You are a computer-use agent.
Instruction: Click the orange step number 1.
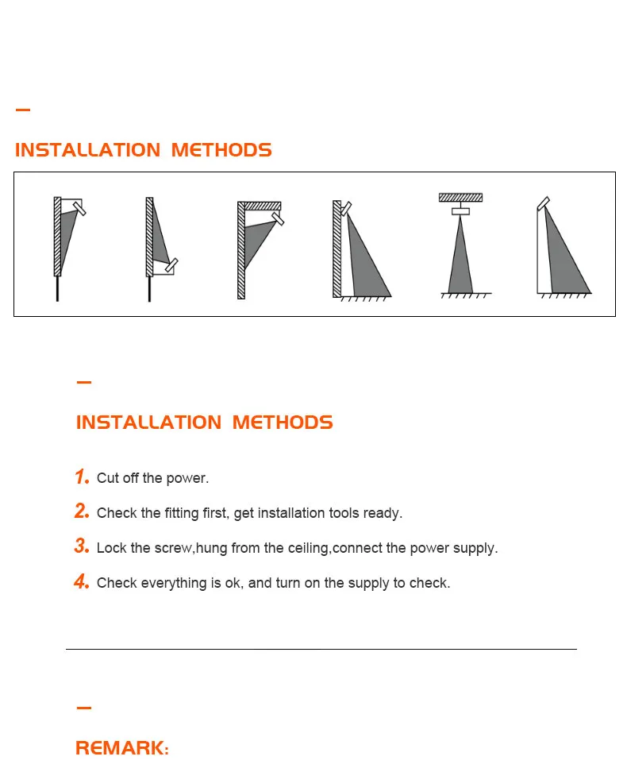pyautogui.click(x=82, y=477)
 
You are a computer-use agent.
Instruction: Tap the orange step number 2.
pyautogui.click(x=82, y=511)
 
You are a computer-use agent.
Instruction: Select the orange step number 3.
pyautogui.click(x=82, y=546)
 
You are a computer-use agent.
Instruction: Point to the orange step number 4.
pyautogui.click(x=82, y=581)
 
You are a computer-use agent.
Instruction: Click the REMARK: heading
pyautogui.click(x=122, y=748)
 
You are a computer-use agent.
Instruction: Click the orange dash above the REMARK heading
pyautogui.click(x=83, y=708)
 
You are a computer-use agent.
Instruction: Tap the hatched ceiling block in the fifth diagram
pyautogui.click(x=460, y=197)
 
